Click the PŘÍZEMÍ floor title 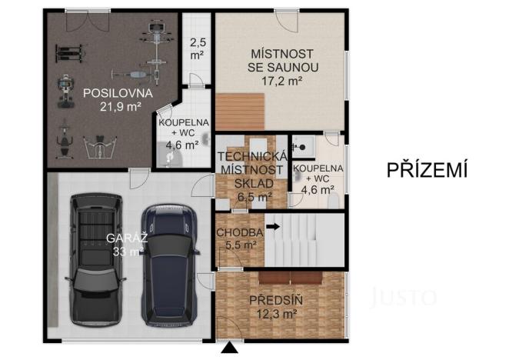click(427, 170)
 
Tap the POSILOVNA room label click(118, 93)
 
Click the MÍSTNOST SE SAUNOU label click(283, 60)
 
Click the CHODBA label click(240, 232)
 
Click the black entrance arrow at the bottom click(228, 350)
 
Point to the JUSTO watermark click(404, 297)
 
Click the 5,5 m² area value click(240, 245)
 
